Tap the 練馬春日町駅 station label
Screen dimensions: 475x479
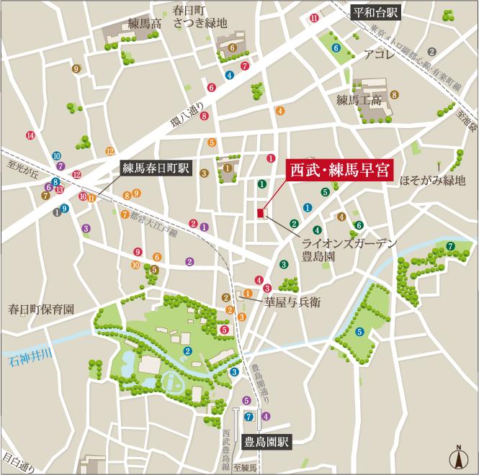coord(155,170)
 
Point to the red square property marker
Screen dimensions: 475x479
coord(260,212)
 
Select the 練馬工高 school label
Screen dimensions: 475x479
coord(358,100)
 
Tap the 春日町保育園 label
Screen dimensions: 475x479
coord(41,309)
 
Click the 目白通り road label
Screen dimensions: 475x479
coord(17,461)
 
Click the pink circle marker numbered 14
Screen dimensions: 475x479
coord(30,135)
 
